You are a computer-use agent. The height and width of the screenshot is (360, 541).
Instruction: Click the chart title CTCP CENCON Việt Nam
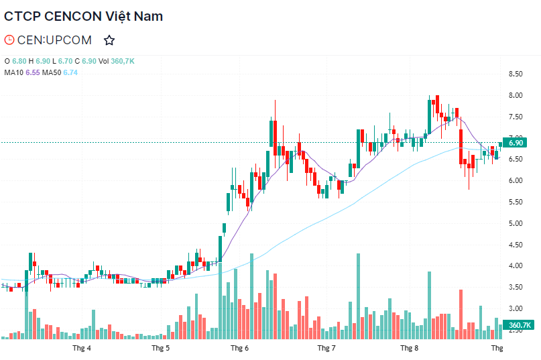[x=83, y=16]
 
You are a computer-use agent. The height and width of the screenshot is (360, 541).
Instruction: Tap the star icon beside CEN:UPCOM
[x=109, y=40]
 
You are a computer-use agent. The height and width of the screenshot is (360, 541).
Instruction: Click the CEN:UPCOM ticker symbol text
[x=54, y=40]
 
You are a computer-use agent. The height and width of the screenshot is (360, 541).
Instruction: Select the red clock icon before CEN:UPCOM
[x=9, y=40]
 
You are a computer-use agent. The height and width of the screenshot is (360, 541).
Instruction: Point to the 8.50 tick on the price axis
[x=516, y=74]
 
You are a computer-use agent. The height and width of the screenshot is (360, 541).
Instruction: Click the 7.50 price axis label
[x=516, y=117]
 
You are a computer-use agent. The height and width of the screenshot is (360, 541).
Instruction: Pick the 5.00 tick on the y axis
[x=516, y=223]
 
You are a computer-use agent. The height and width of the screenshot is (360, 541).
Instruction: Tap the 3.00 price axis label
[x=516, y=308]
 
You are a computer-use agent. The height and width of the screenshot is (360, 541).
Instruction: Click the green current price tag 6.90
[x=516, y=143]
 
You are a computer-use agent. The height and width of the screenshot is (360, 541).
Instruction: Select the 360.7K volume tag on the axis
[x=520, y=326]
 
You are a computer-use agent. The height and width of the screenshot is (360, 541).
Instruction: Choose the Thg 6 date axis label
[x=239, y=349]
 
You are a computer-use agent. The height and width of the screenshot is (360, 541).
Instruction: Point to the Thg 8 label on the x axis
[x=409, y=349]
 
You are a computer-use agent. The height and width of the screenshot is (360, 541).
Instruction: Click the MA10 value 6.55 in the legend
[x=34, y=72]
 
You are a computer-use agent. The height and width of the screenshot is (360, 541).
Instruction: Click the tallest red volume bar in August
[x=461, y=314]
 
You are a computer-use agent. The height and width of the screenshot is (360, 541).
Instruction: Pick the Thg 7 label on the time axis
[x=326, y=349]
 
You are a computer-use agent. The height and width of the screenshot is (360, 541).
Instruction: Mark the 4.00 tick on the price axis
[x=516, y=266]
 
